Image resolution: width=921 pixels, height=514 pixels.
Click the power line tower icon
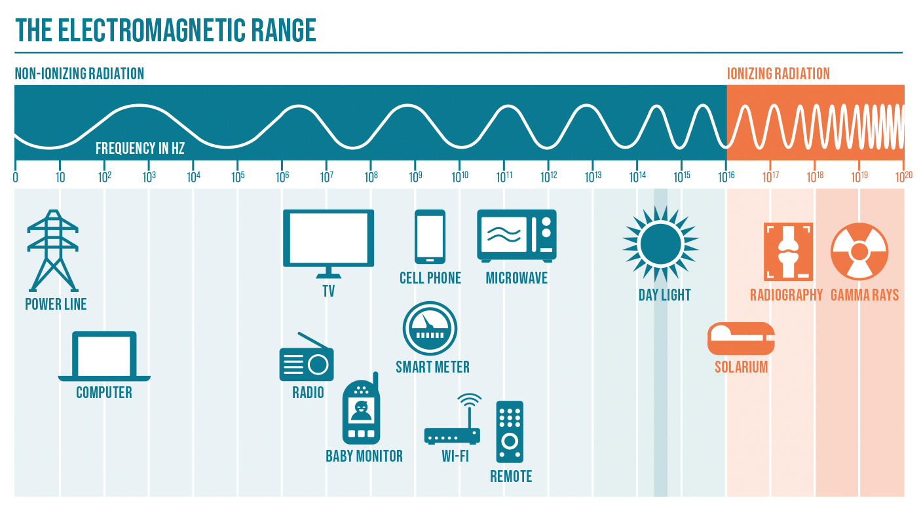52,251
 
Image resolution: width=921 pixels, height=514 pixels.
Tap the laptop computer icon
104,356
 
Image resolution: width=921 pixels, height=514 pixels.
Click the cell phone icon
430,236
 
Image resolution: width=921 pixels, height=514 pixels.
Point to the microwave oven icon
517,236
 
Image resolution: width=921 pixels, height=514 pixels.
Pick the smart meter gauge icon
430,329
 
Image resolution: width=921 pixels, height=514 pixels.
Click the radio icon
307,357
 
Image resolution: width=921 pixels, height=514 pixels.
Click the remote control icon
510,432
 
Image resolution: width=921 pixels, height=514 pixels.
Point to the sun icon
660,244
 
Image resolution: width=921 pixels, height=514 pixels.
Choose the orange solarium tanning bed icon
741,339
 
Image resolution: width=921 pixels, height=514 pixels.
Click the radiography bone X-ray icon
788,251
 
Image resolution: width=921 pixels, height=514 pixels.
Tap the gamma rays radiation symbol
859,251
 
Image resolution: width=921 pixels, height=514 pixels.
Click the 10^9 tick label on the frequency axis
415,177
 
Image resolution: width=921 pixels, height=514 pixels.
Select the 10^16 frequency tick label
726,177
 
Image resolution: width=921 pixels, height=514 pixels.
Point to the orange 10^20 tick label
904,177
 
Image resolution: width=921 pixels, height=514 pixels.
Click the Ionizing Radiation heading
778,74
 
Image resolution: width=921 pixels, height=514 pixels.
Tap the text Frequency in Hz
140,149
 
